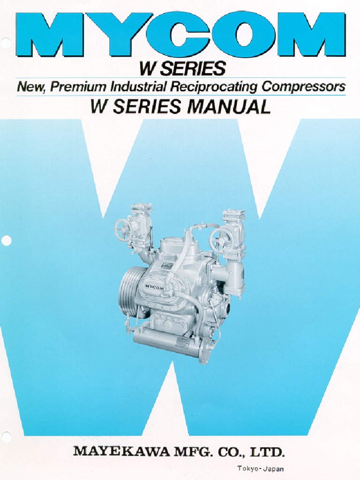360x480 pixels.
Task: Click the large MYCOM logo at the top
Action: click(x=180, y=35)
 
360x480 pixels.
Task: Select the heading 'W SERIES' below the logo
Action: click(x=182, y=69)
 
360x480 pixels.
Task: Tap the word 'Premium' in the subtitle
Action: click(x=78, y=87)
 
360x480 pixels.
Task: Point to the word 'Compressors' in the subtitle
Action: click(x=303, y=87)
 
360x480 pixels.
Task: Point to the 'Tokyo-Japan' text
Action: click(x=260, y=468)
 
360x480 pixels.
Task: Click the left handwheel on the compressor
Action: click(x=123, y=230)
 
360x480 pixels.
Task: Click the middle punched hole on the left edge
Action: click(x=6, y=241)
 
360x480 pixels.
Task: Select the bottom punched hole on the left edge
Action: click(x=6, y=437)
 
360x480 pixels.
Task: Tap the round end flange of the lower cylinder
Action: click(x=204, y=354)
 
